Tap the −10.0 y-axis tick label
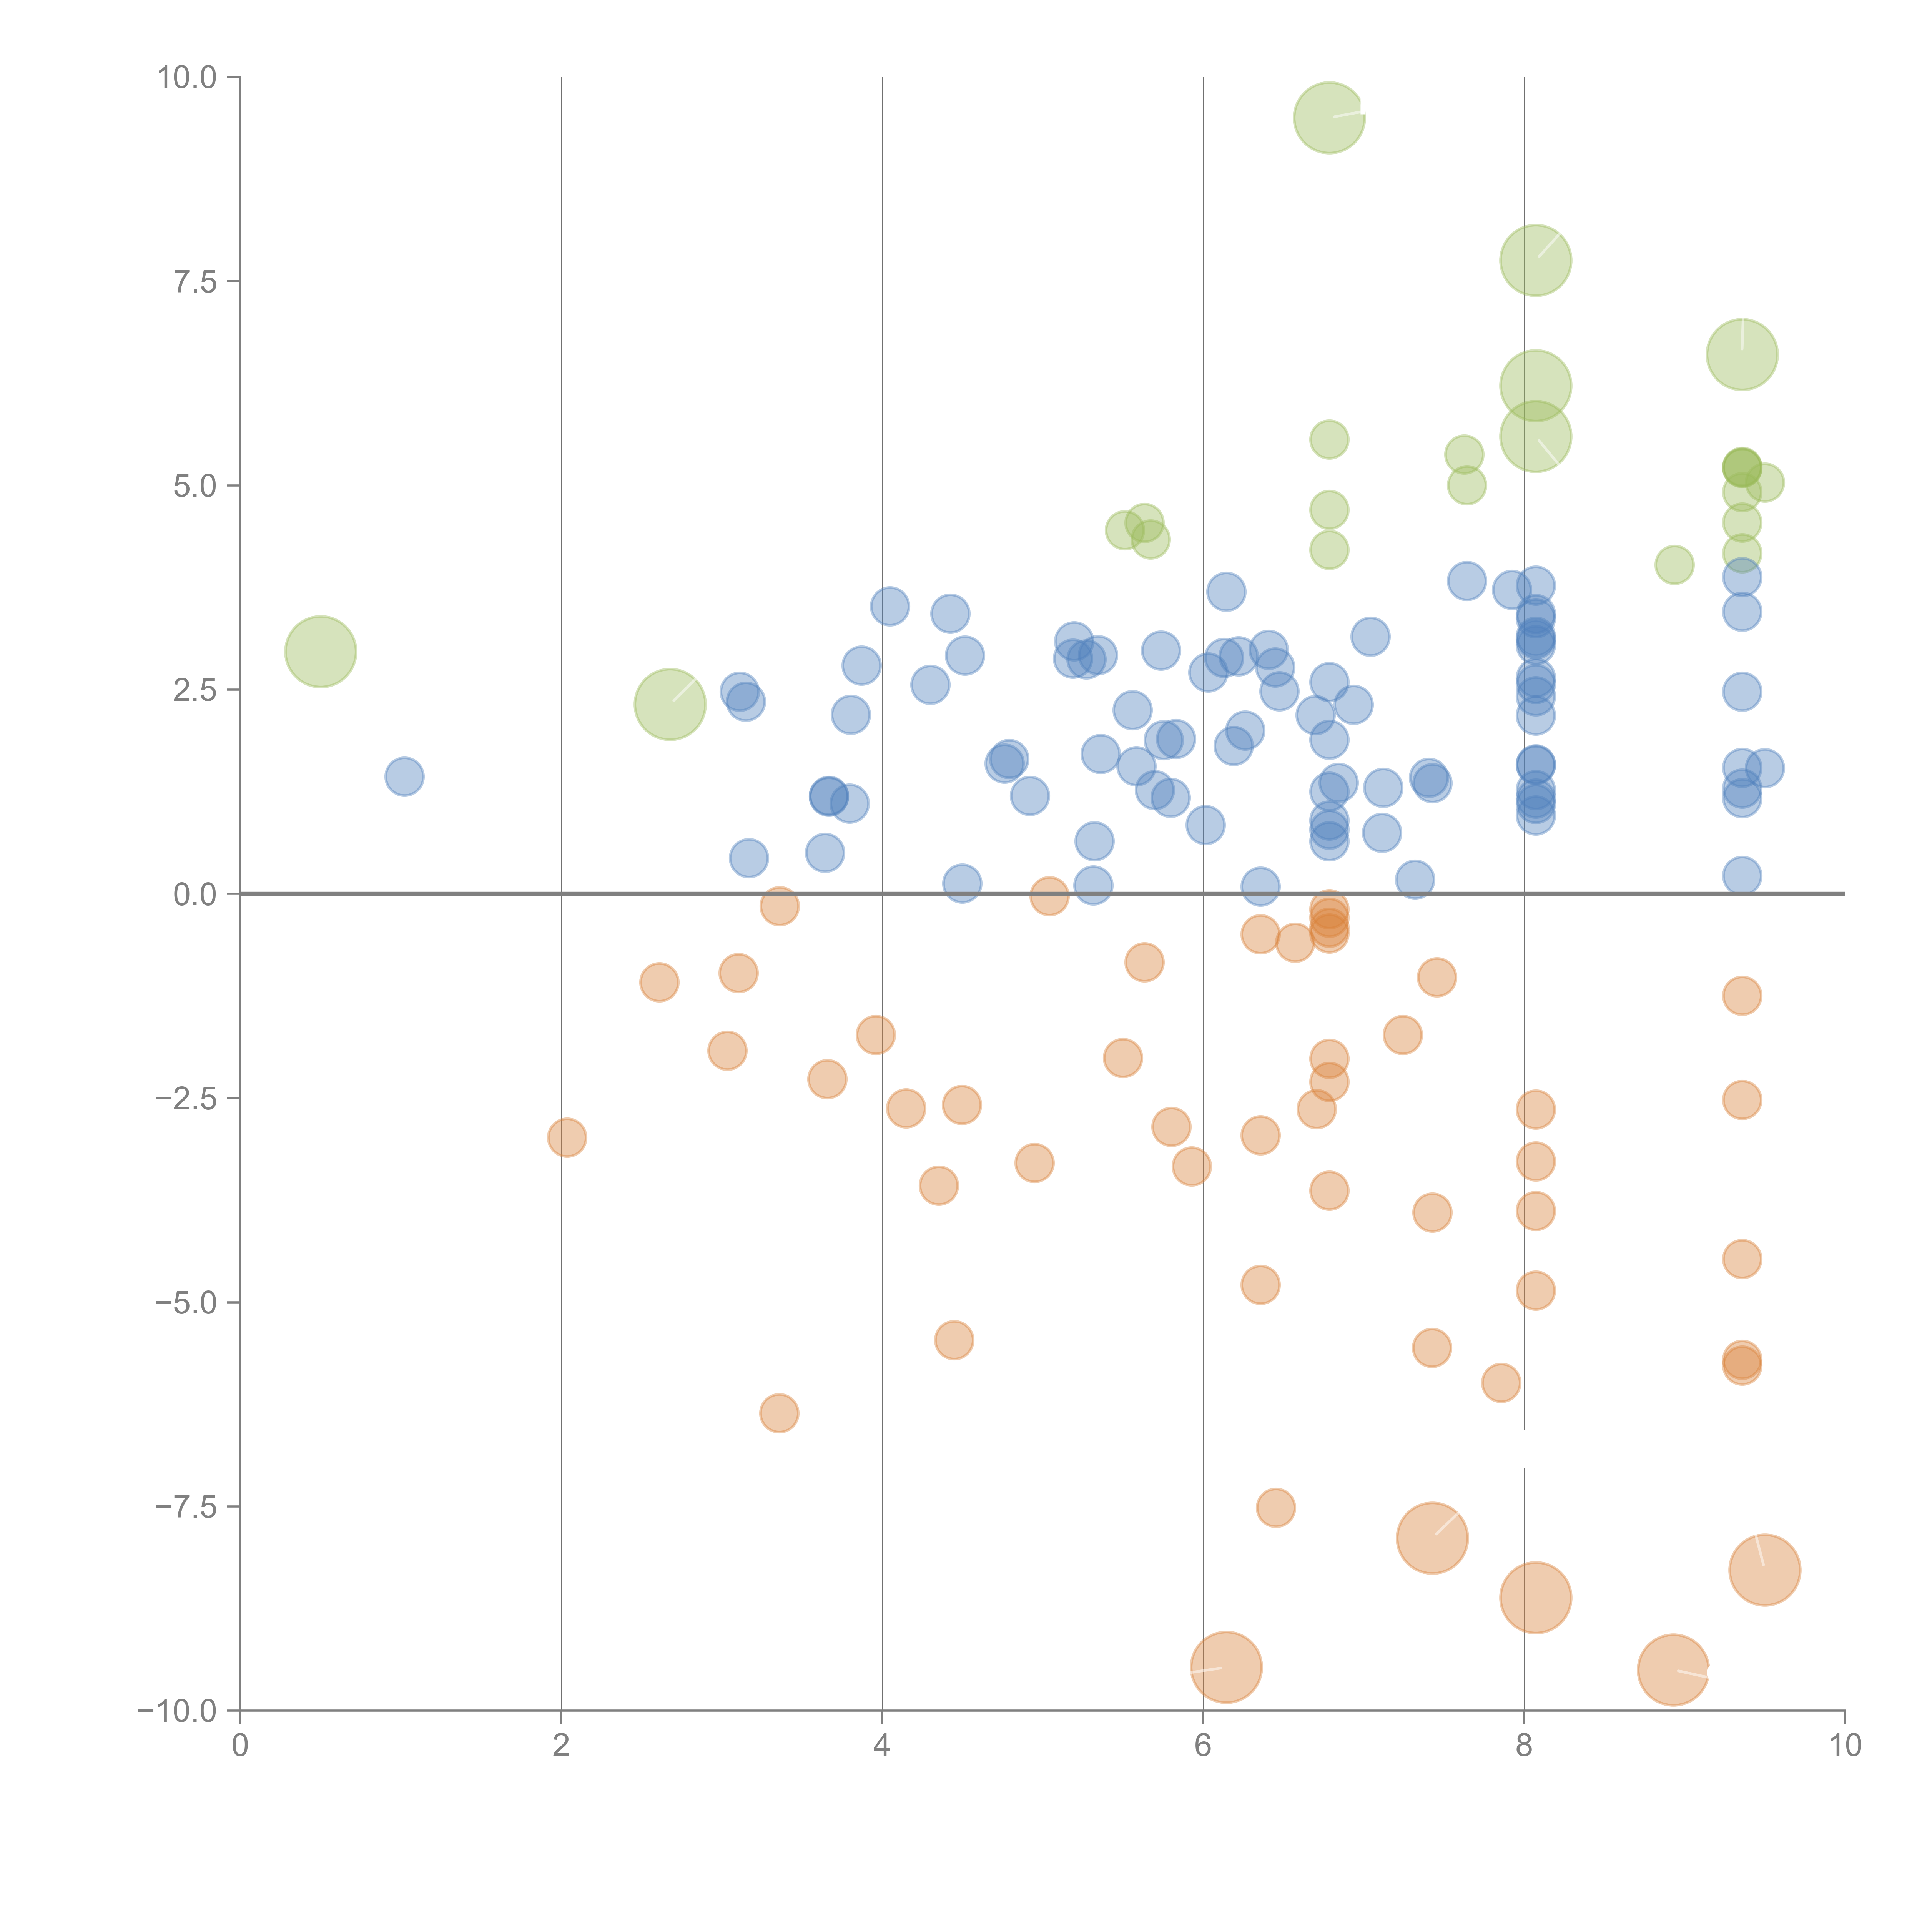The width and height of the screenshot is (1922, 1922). click(177, 1711)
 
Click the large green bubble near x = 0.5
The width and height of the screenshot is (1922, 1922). click(320, 652)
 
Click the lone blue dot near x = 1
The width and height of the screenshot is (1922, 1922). click(404, 776)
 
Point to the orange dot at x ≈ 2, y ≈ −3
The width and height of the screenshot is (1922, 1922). click(566, 1137)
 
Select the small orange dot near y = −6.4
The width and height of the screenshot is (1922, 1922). click(779, 1413)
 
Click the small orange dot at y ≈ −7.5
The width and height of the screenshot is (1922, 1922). click(1275, 1507)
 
